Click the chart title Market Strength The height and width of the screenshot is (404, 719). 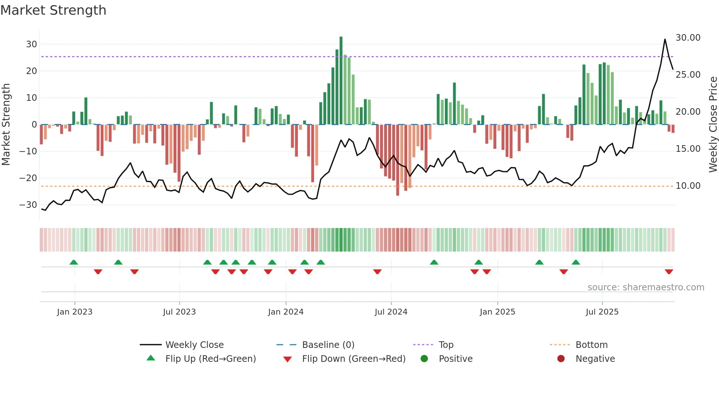click(x=54, y=10)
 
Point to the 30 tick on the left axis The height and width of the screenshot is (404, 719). click(x=32, y=44)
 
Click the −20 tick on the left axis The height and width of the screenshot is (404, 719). click(x=28, y=178)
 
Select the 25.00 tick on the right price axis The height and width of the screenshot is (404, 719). click(x=688, y=75)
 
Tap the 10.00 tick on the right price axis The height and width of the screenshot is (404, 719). click(x=688, y=186)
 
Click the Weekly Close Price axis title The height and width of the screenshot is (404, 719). click(x=713, y=125)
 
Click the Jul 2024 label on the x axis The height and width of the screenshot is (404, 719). click(x=391, y=312)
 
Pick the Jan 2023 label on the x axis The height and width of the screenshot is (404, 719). click(x=74, y=312)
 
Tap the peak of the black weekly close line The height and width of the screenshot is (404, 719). click(x=665, y=40)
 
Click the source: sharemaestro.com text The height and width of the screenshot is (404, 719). click(x=646, y=287)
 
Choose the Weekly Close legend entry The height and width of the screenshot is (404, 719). click(x=194, y=345)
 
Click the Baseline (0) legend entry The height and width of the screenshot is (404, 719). click(x=328, y=345)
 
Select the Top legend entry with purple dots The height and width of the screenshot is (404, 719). click(x=446, y=345)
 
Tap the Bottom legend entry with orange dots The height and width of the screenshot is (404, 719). click(x=591, y=345)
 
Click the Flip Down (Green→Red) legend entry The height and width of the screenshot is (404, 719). click(x=353, y=359)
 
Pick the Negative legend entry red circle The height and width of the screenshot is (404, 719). click(x=561, y=359)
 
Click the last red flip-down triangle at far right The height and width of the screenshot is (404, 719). click(x=669, y=272)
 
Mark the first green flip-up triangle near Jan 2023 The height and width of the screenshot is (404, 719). click(x=74, y=262)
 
